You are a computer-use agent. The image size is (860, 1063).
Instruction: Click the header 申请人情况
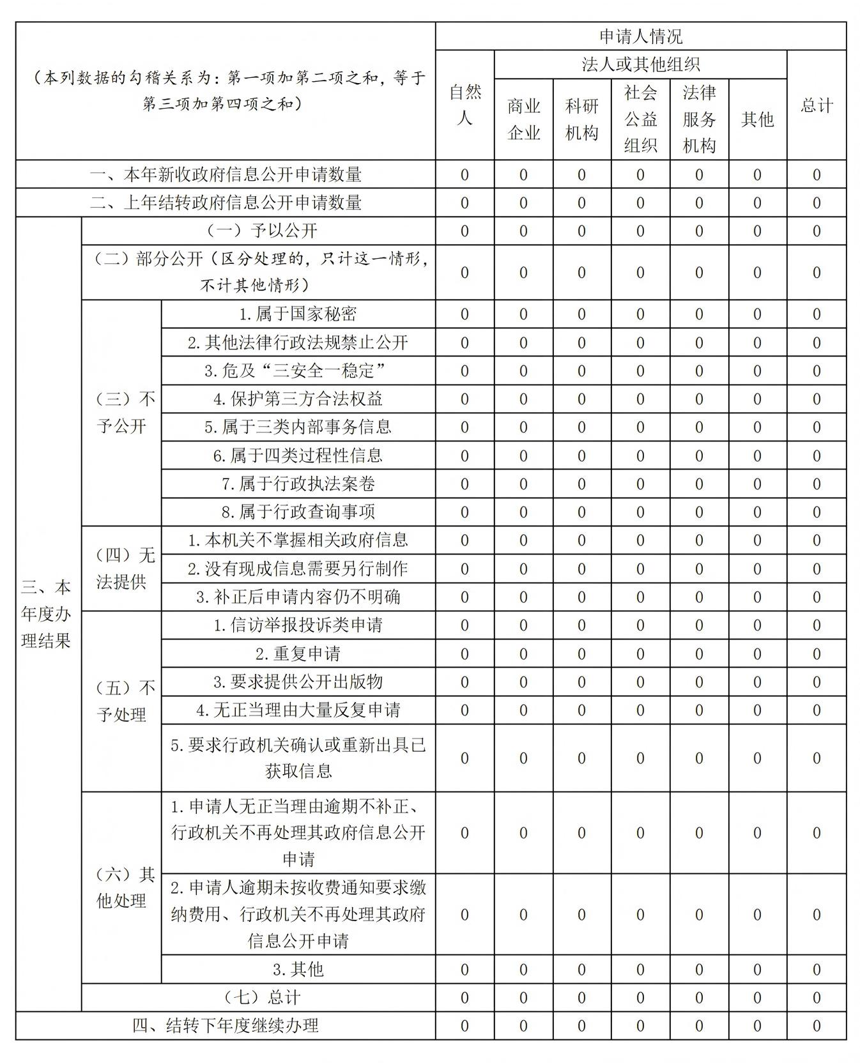coord(640,36)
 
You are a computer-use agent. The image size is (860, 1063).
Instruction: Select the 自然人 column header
coord(465,105)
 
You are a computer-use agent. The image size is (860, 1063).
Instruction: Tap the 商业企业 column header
coord(523,119)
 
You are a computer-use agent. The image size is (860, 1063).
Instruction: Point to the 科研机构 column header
coord(581,119)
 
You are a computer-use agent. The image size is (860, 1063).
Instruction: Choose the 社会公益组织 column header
coord(640,119)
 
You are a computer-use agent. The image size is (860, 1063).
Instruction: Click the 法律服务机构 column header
coord(699,119)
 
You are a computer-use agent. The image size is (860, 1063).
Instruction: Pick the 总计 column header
coord(816,105)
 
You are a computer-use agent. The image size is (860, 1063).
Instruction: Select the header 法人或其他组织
coord(640,65)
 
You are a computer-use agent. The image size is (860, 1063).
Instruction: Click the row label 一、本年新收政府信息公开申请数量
coord(226,174)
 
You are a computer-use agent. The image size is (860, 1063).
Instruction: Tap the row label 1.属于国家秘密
coord(298,314)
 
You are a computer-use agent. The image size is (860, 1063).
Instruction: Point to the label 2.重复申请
coord(298,654)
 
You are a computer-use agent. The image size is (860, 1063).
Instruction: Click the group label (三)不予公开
coord(121,413)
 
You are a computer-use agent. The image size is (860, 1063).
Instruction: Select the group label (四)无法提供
coord(121,569)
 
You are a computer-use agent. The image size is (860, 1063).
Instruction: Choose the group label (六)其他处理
coord(121,887)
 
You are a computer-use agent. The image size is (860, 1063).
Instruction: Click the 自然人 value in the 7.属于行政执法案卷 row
coord(465,484)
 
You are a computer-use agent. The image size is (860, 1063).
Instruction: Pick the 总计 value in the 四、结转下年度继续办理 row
coord(816,1026)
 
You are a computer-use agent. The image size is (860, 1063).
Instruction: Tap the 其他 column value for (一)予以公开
coord(757,231)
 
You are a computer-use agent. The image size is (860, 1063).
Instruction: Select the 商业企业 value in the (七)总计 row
coord(523,998)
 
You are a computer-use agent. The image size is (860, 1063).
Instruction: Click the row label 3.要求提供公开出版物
coord(298,682)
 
